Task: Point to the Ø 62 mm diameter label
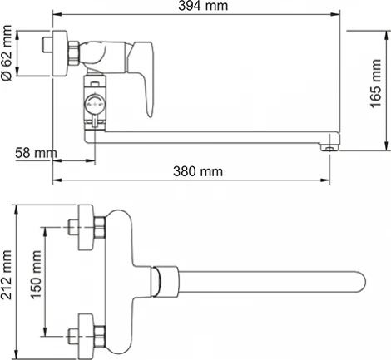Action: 7,57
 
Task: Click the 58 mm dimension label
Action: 31,153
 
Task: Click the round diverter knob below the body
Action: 95,106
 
